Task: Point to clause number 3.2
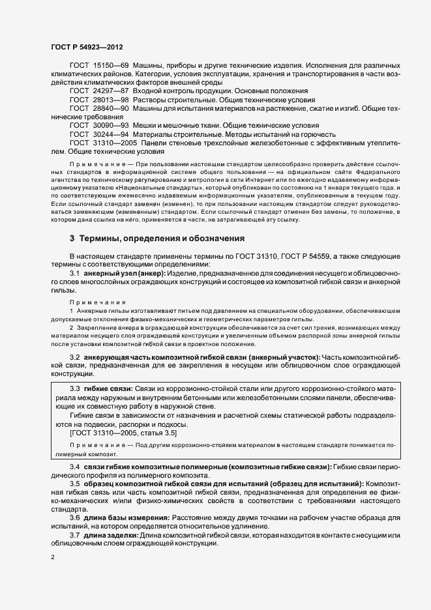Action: [x=74, y=358]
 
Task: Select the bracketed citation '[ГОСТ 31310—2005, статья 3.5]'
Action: [x=122, y=433]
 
